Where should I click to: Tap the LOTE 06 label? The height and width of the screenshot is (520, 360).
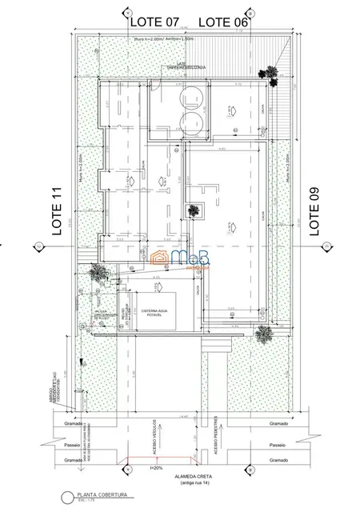click(x=223, y=22)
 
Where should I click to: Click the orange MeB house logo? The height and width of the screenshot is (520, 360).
click(x=160, y=258)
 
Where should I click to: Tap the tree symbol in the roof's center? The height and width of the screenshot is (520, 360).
click(x=193, y=210)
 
